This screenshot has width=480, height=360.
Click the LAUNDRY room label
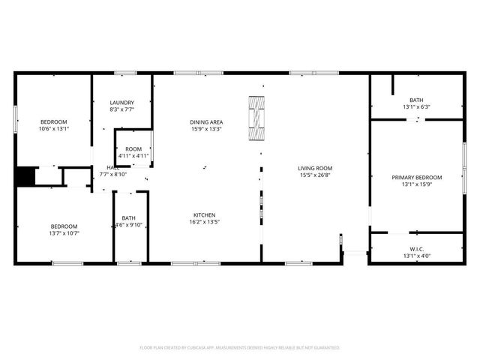coord(121,103)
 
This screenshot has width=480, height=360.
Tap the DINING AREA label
coord(205,122)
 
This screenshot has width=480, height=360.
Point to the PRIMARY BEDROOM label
coord(416,178)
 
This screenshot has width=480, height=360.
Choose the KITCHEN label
coord(205,214)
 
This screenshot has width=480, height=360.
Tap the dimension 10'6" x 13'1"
coord(53,128)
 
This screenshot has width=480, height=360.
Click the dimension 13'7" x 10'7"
coord(64,233)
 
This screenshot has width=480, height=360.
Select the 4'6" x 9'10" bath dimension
coord(127,225)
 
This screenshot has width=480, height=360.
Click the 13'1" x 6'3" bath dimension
coord(416,106)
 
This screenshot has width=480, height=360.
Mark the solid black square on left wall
coord(25,176)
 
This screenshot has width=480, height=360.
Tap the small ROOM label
coord(133,149)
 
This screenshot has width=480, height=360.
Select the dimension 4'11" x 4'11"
coord(133,156)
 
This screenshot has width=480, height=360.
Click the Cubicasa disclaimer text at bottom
coord(240,347)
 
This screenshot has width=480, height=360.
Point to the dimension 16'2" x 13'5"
coord(205,221)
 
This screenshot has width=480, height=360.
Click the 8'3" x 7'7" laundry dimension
coord(121,109)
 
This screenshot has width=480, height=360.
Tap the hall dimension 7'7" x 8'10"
coord(114,174)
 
